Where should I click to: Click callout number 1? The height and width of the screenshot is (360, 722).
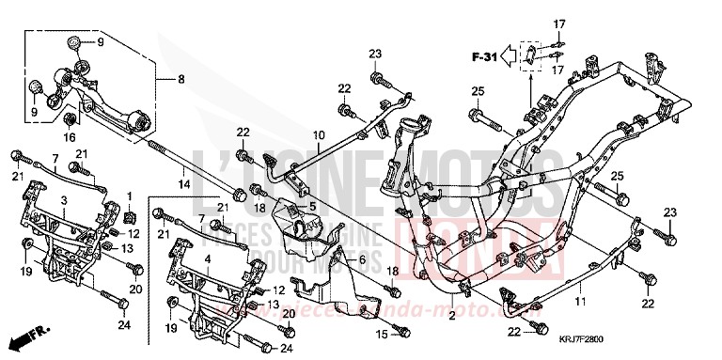pos(129,196)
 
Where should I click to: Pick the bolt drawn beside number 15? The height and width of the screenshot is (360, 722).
pos(402,331)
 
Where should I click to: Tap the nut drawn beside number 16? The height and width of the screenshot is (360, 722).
pos(71,119)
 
